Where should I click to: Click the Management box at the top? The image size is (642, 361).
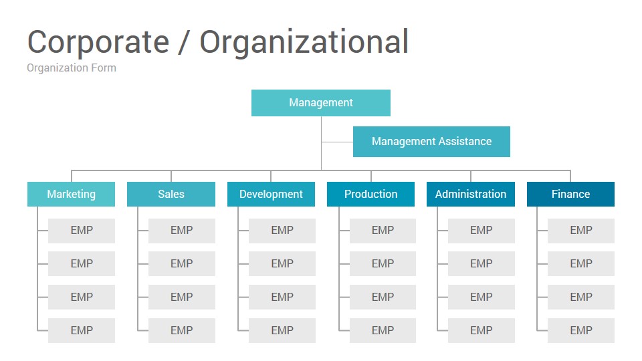click(x=320, y=103)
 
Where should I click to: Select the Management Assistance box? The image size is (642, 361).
click(x=431, y=142)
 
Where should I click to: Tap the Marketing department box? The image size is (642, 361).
click(x=72, y=194)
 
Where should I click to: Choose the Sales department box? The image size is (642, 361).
click(x=171, y=194)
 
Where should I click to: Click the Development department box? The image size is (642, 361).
click(x=271, y=194)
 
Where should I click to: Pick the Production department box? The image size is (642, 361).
click(x=370, y=194)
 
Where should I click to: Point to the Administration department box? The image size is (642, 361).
click(x=470, y=194)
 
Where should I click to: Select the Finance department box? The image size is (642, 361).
click(x=570, y=194)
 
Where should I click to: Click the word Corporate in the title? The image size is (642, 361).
click(x=98, y=41)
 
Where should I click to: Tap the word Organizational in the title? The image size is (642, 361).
click(x=304, y=43)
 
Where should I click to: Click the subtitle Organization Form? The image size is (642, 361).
click(x=72, y=68)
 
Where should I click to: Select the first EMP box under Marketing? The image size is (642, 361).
click(x=82, y=231)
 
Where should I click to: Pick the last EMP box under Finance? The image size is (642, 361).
click(x=581, y=330)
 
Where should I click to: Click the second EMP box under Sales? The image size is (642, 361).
click(x=182, y=263)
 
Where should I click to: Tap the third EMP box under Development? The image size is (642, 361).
click(x=282, y=297)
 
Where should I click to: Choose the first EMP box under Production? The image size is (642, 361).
click(x=383, y=231)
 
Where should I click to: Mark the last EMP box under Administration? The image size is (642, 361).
click(x=481, y=330)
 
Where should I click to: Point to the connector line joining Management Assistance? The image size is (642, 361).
click(x=337, y=142)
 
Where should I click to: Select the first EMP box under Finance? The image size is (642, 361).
click(x=581, y=231)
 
